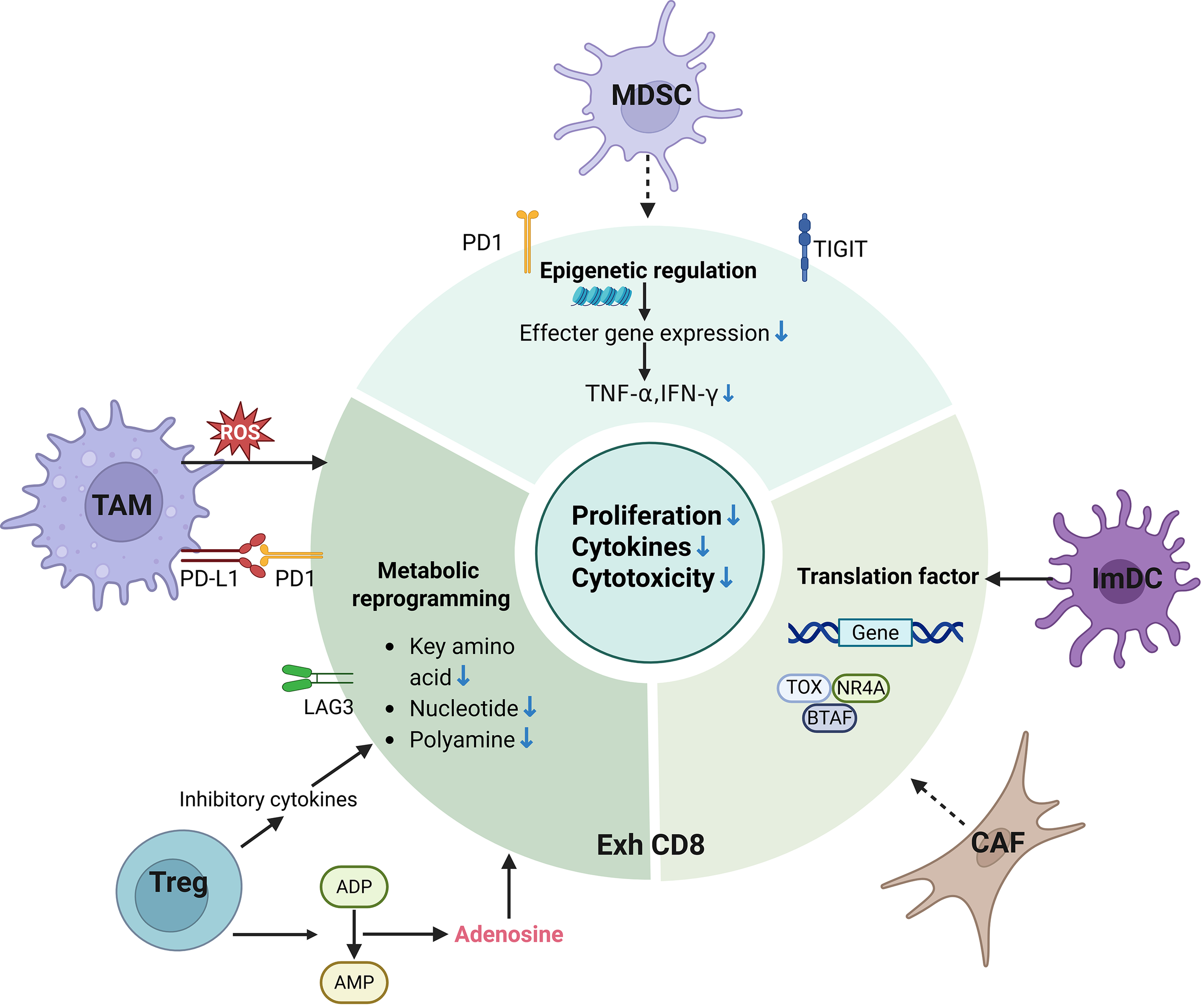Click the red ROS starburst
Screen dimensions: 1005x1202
pos(240,431)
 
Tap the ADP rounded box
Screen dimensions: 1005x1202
pos(354,887)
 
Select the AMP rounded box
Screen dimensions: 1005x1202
pos(354,982)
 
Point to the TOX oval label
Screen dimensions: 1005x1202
pos(803,687)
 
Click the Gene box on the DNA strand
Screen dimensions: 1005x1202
pos(875,632)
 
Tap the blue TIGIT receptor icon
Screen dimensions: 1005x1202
pos(804,247)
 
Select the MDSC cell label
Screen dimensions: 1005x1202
pos(651,95)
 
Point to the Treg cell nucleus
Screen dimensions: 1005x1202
pos(172,895)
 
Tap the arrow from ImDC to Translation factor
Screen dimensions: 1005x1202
pos(1019,578)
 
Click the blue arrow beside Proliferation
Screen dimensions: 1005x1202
pos(733,515)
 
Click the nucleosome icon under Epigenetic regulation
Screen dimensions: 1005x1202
pos(601,297)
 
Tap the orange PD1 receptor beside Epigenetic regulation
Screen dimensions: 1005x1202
pos(527,240)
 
